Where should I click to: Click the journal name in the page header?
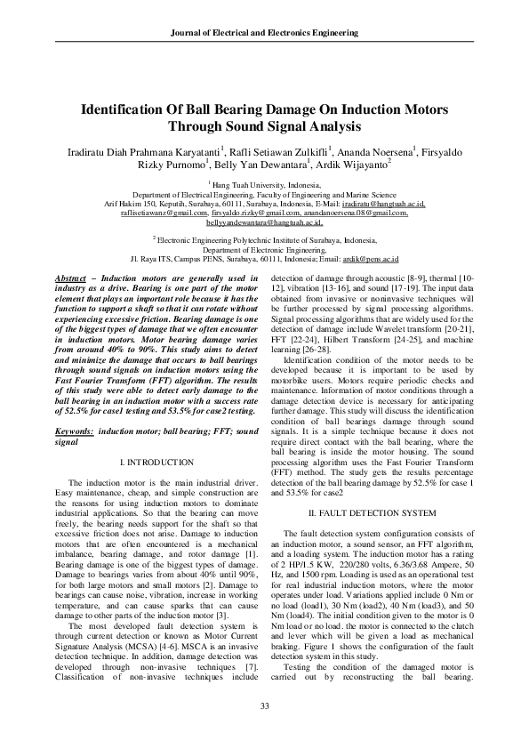pyautogui.click(x=264, y=32)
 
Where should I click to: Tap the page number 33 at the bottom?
pyautogui.click(x=264, y=706)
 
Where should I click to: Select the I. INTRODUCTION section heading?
pyautogui.click(x=156, y=463)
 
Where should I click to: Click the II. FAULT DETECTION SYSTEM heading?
pyautogui.click(x=372, y=513)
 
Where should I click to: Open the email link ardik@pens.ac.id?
pyautogui.click(x=376, y=259)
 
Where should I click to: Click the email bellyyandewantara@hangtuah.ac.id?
pyautogui.click(x=264, y=222)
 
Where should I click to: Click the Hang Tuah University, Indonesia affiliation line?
pyautogui.click(x=265, y=184)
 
